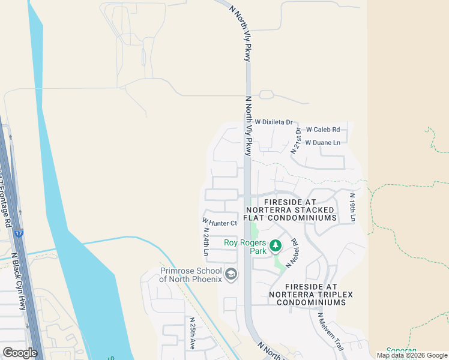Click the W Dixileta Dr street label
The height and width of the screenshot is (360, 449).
click(273, 122)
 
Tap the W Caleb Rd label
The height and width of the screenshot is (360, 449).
click(323, 130)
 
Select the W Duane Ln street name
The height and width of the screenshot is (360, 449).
click(322, 143)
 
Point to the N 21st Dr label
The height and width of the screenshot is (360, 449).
click(296, 142)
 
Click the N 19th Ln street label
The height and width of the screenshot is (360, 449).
click(353, 208)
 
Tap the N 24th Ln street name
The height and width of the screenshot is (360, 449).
click(205, 241)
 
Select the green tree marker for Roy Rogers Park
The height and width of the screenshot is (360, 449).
click(276, 245)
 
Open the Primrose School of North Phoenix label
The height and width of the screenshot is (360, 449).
click(191, 274)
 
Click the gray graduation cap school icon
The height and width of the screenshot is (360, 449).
click(231, 275)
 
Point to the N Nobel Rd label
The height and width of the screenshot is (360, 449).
click(294, 253)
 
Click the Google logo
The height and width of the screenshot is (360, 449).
click(20, 353)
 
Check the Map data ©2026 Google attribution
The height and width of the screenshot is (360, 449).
click(411, 355)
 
